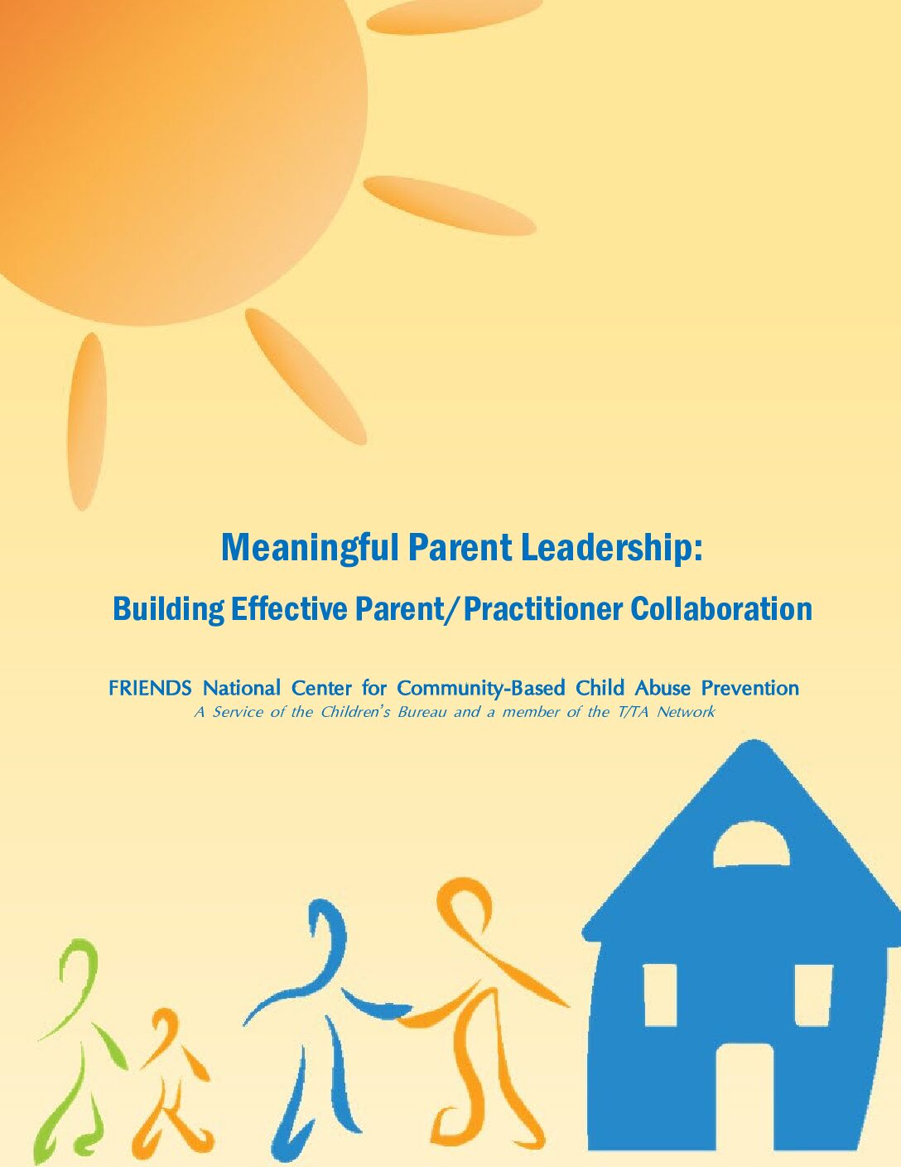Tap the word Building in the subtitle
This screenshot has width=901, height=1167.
click(x=168, y=610)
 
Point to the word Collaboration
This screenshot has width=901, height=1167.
click(x=720, y=608)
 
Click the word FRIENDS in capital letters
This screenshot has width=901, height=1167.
click(x=150, y=688)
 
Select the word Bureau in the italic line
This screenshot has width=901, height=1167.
click(x=422, y=712)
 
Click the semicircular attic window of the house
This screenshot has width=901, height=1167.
click(x=751, y=846)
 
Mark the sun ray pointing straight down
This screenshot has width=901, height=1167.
click(x=86, y=422)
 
